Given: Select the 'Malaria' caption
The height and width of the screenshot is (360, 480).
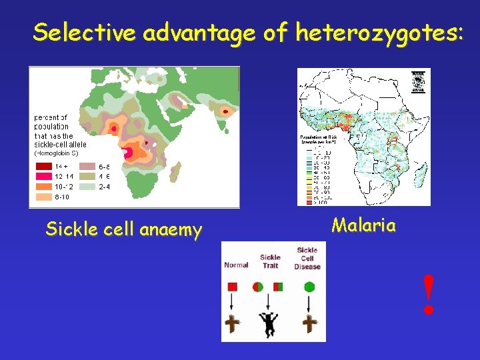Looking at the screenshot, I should coord(363,225).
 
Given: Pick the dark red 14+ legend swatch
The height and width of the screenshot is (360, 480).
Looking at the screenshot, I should coord(45,167).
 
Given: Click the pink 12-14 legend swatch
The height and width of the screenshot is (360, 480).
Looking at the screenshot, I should coord(45,177).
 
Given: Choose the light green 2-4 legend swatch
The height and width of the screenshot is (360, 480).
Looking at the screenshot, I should coord(88,187).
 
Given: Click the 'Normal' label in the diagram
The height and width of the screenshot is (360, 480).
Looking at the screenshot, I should coord(236,265).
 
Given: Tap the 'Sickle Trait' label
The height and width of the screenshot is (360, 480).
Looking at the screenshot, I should coord(270,261).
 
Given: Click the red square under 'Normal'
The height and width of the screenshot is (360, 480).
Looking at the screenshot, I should coord(233,287).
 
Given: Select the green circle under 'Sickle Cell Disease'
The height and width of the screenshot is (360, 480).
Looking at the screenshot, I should coord(309,287).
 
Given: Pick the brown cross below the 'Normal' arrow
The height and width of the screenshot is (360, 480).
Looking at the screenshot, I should coord(233,324).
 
